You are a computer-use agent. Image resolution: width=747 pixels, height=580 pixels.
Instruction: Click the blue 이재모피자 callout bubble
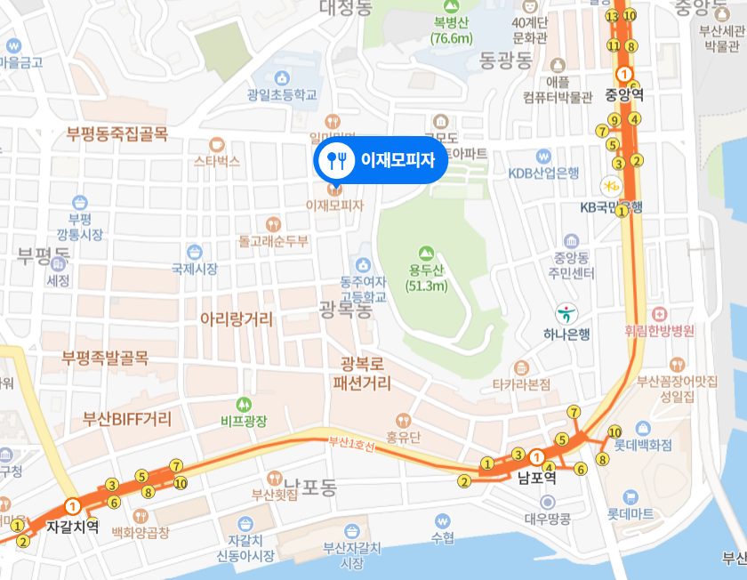(x=381, y=160)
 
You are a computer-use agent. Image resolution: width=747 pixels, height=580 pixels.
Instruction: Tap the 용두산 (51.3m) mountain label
(x=427, y=278)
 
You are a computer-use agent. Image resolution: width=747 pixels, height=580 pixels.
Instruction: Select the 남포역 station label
(x=536, y=478)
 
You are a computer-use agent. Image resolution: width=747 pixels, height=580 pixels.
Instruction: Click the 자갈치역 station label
(x=73, y=526)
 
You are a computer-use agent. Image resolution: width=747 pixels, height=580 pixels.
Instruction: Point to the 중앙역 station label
(x=624, y=93)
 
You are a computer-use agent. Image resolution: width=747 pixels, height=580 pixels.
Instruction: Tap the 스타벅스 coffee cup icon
(x=217, y=144)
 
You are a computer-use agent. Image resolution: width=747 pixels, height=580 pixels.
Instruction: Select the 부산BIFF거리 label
(x=126, y=418)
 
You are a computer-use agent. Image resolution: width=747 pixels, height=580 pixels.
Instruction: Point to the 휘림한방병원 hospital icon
(x=659, y=314)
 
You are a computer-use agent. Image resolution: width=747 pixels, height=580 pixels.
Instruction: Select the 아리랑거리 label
(x=237, y=318)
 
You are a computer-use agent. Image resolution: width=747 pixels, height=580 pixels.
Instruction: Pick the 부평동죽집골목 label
(x=116, y=134)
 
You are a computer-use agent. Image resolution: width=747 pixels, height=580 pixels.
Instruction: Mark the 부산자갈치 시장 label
(x=352, y=555)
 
